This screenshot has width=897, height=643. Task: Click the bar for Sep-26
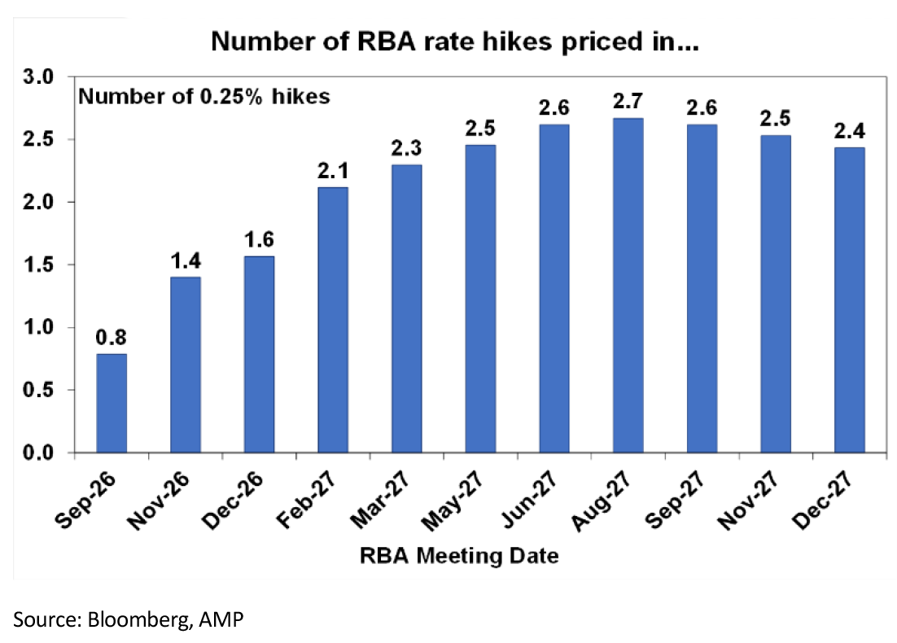pyautogui.click(x=112, y=404)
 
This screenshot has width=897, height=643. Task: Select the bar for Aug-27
pyautogui.click(x=628, y=286)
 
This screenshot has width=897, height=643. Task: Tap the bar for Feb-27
pyautogui.click(x=333, y=320)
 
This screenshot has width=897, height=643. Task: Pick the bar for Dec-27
pyautogui.click(x=850, y=300)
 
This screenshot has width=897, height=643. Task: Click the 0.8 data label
pyautogui.click(x=111, y=338)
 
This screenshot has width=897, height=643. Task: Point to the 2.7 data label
pyautogui.click(x=628, y=101)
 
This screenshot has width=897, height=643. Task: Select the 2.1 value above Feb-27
pyautogui.click(x=333, y=170)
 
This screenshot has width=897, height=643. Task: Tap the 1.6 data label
pyautogui.click(x=259, y=239)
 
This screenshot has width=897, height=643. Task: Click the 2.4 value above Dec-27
pyautogui.click(x=850, y=131)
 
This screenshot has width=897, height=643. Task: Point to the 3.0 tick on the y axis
pyautogui.click(x=38, y=77)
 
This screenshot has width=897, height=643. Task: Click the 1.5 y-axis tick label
pyautogui.click(x=38, y=265)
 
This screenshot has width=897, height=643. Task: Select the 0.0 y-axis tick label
pyautogui.click(x=38, y=453)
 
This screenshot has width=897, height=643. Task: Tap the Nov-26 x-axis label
pyautogui.click(x=158, y=501)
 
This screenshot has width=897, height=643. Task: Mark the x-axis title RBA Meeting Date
pyautogui.click(x=459, y=555)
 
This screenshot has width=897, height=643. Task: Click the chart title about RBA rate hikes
pyautogui.click(x=455, y=42)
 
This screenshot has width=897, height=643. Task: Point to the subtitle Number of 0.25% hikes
pyautogui.click(x=204, y=96)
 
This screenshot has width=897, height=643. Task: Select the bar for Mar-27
pyautogui.click(x=407, y=309)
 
